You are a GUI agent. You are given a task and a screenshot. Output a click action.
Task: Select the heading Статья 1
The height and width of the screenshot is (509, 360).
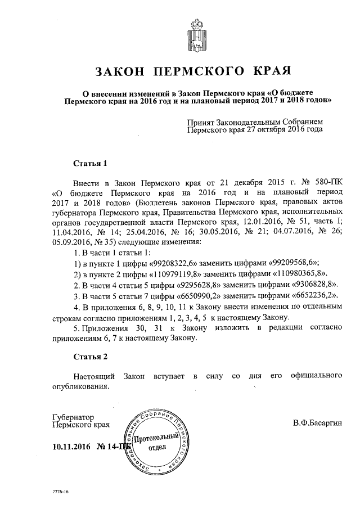(x=90, y=164)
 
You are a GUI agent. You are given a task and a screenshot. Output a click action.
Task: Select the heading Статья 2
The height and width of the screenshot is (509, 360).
(x=90, y=356)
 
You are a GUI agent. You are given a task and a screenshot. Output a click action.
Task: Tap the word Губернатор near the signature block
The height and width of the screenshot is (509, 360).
(x=71, y=418)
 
